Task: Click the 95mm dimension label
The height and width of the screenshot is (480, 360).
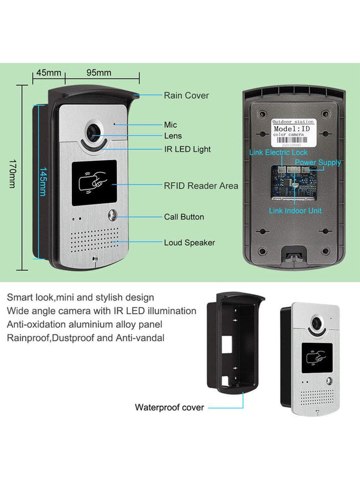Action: (98, 73)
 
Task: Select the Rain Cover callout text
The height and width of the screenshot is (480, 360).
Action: (186, 96)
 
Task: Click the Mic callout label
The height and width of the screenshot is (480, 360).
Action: (170, 125)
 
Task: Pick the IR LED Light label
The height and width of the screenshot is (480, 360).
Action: (187, 149)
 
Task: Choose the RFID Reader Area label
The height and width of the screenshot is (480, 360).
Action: (200, 185)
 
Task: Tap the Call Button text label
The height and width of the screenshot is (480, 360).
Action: (184, 217)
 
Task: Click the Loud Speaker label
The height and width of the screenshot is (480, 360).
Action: (189, 242)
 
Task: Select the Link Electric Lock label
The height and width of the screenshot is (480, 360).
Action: (278, 152)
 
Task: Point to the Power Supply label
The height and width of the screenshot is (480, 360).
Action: (318, 163)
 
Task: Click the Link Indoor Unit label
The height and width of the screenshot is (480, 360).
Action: (295, 211)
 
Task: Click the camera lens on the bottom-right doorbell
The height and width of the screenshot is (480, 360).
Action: (319, 325)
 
